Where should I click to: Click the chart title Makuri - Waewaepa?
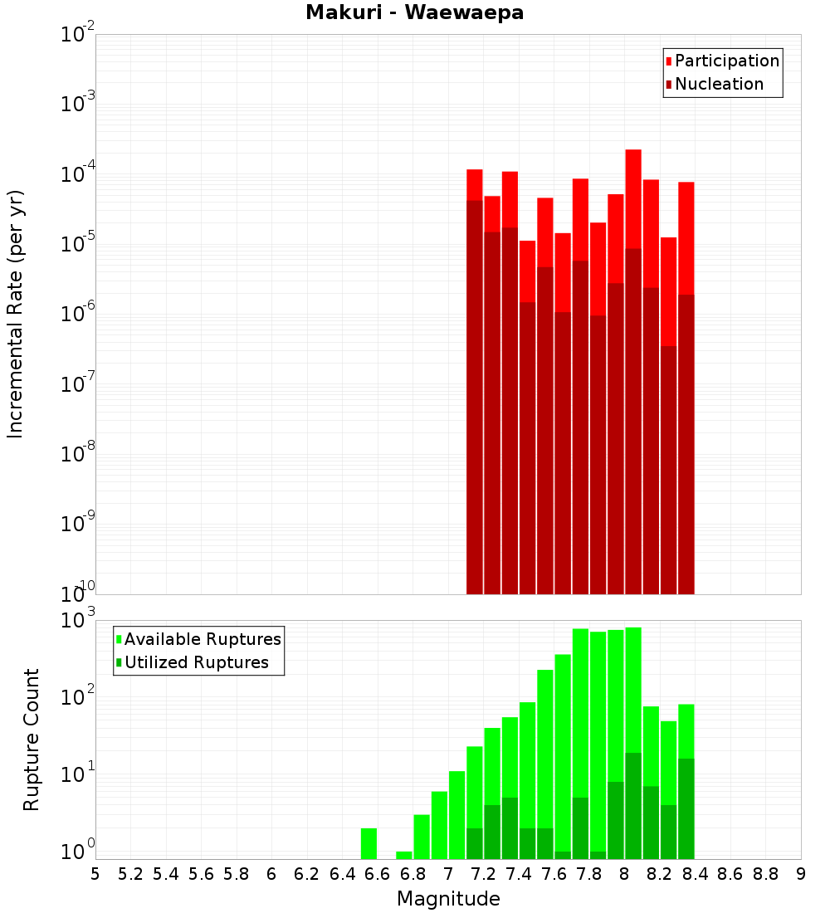coord(414,13)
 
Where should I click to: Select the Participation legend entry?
coord(727,61)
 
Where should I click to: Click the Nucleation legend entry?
coord(719,84)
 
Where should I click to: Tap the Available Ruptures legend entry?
coord(203,639)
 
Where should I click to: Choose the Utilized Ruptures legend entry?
coord(196,662)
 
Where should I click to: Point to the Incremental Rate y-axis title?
coord(16,314)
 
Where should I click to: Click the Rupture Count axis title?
coord(32,740)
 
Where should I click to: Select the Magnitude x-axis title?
coord(448,899)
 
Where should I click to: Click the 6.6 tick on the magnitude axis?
coord(378,874)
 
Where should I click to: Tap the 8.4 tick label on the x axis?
coord(695,874)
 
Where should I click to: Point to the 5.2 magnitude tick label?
coord(130,874)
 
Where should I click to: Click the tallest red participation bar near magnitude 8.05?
coord(633,199)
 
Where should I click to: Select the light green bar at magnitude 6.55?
coord(369,843)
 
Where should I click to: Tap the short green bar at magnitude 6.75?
coord(404,855)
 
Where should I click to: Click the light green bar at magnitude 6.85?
coord(422,837)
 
